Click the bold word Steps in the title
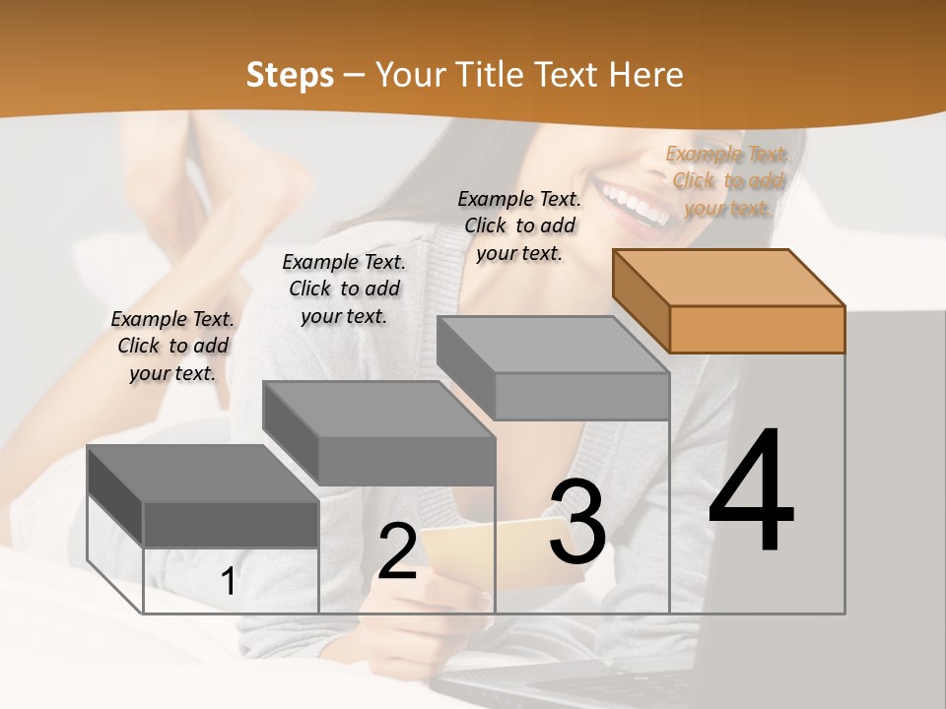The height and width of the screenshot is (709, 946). pos(290,76)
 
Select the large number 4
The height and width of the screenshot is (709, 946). pos(751,492)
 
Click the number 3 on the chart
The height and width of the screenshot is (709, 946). pos(577,522)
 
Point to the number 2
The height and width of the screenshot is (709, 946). pos(397,551)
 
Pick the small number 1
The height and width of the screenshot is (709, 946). pos(228,581)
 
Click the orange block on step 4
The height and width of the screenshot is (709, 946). pos(729,300)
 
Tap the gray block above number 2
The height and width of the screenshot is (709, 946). pos(379,432)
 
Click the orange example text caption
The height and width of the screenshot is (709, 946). pos(727,180)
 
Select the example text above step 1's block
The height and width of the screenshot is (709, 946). pos(172,346)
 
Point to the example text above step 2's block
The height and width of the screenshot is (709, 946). pos(344,289)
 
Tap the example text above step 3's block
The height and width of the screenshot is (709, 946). pos(519,226)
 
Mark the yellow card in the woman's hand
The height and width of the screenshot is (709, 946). pos(473,551)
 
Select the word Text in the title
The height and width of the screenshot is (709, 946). pos(569,75)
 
